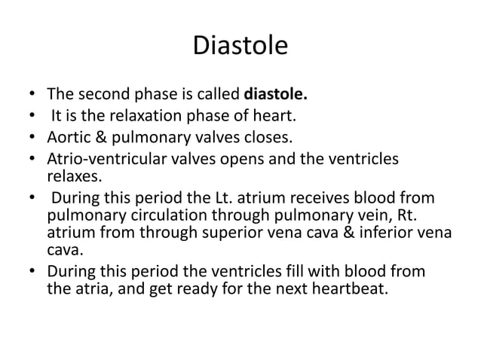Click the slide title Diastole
[240, 46]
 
